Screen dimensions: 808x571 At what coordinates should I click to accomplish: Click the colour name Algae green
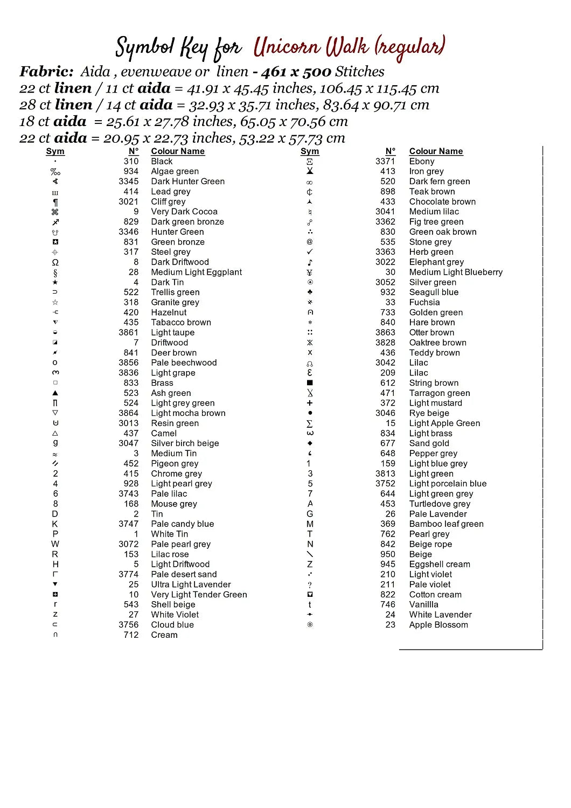point(175,171)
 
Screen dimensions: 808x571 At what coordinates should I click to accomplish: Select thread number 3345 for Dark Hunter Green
point(129,182)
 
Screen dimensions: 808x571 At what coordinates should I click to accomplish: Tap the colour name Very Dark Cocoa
point(184,212)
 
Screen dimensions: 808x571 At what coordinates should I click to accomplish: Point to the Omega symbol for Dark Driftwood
point(55,262)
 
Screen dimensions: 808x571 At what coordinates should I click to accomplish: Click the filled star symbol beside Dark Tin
point(55,282)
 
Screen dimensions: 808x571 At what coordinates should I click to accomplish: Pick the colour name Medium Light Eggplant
point(196,273)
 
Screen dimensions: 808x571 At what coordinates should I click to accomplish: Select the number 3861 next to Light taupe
point(129,333)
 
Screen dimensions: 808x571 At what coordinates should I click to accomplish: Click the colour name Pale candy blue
point(182,524)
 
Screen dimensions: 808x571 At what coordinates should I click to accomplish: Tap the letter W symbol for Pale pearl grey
point(55,544)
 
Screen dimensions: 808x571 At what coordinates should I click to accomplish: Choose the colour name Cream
point(164,635)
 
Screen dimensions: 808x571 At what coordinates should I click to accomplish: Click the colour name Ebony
point(421,162)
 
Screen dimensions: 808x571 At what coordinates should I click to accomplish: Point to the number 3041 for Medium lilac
point(385,212)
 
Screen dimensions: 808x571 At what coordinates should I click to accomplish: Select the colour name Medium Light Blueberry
point(456,273)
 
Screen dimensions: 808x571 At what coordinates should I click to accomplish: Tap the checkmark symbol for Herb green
point(310,252)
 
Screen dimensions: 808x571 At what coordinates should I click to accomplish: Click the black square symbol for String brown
point(310,383)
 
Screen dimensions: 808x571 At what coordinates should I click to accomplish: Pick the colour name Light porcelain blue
point(448,484)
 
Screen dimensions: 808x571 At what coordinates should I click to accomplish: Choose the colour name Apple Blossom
point(438,625)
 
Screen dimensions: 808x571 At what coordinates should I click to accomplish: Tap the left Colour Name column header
point(178,151)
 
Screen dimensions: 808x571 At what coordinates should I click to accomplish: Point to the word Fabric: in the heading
point(46,72)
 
